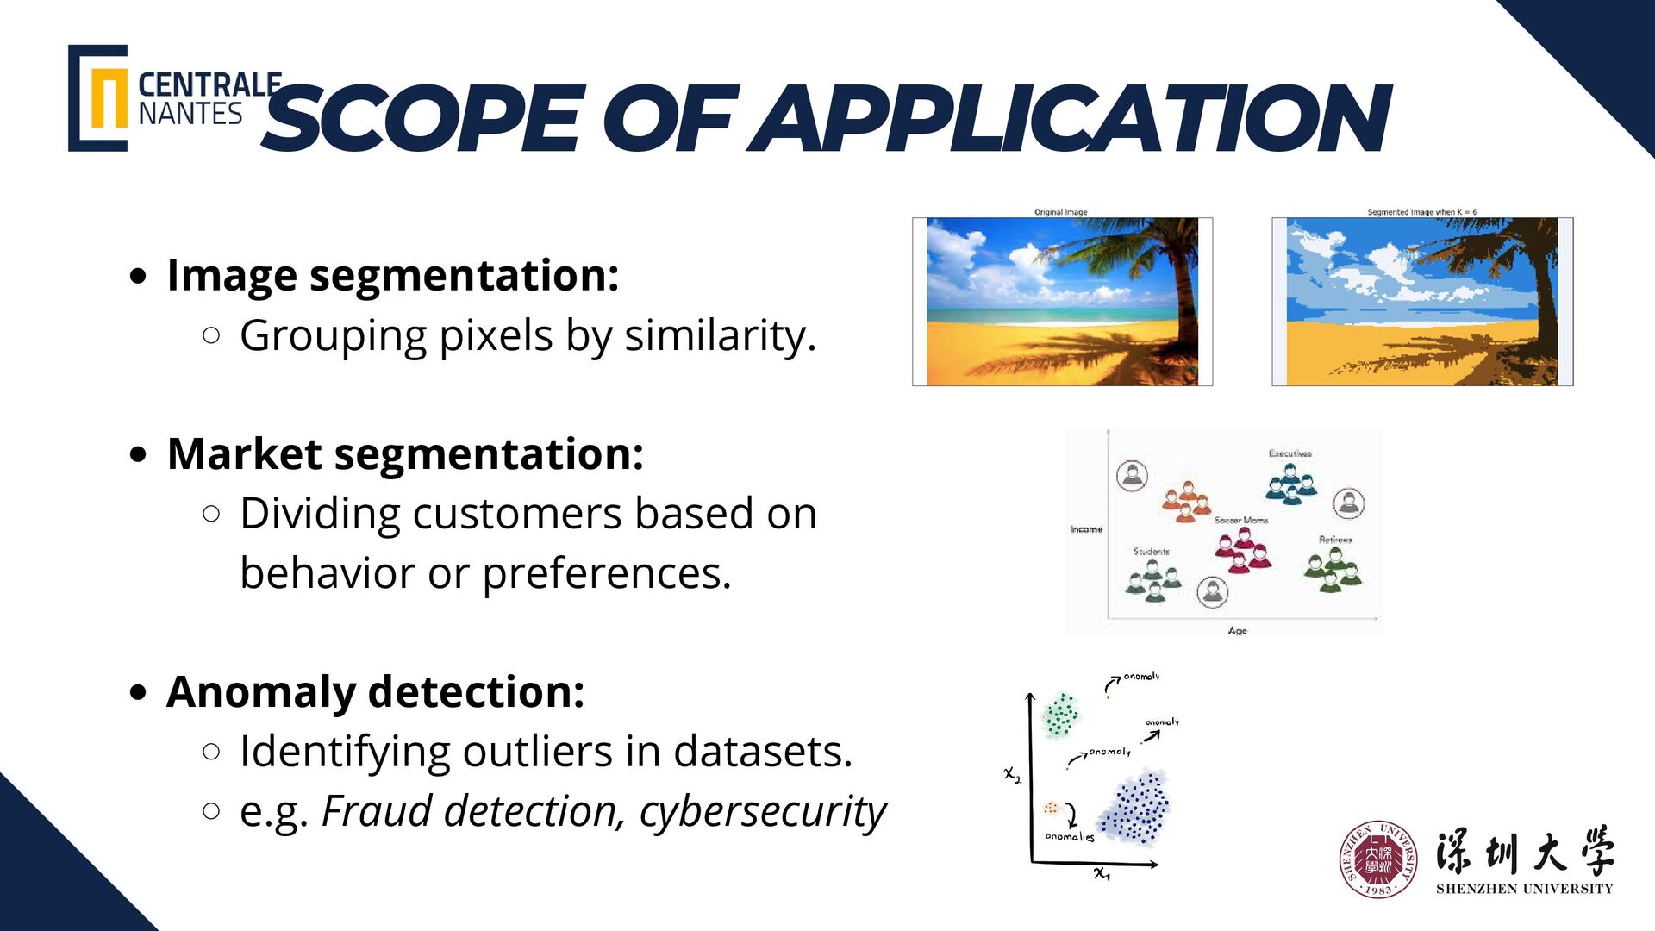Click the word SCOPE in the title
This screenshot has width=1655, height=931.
pos(422,119)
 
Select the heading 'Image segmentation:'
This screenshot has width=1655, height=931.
pos(392,276)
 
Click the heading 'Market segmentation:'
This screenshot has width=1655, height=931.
pos(405,454)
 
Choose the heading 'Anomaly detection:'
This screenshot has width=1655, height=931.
pos(376,692)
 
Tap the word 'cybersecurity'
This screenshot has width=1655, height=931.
pos(763,812)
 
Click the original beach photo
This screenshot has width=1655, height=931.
pos(1062,302)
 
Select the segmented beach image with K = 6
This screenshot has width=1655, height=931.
pos(1422,302)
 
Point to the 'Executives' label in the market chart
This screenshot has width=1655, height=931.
pos(1290,453)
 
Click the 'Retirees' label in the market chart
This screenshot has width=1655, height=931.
pos(1335,540)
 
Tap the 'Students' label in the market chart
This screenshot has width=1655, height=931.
pos(1152,551)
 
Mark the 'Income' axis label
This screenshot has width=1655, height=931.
pos(1086,529)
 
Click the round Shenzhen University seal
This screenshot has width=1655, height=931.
pos(1377,859)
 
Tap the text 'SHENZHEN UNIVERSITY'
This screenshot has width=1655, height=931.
pos(1524,889)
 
